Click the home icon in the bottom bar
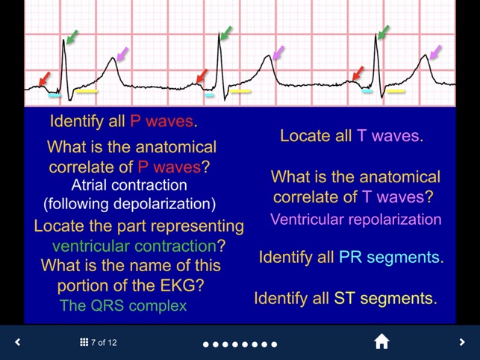[x=381, y=342]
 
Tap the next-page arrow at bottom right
[x=462, y=342]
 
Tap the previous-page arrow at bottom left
[x=18, y=342]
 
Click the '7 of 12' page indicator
[x=99, y=343]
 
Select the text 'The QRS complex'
[x=123, y=305]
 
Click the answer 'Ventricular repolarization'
[x=356, y=220]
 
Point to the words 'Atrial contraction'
[x=129, y=184]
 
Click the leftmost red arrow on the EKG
[x=45, y=78]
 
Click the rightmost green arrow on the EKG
[x=384, y=32]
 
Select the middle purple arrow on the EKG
[x=278, y=52]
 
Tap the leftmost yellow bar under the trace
[x=87, y=92]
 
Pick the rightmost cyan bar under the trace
[x=367, y=92]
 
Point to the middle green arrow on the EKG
[x=225, y=34]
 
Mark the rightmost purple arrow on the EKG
[x=435, y=52]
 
